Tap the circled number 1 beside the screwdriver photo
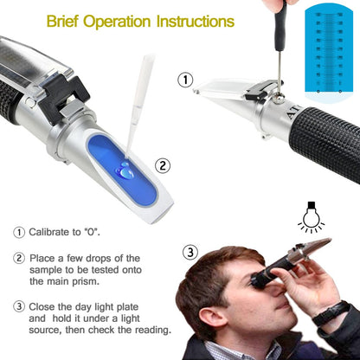point(184,80)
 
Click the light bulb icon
point(311,215)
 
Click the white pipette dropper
point(138,95)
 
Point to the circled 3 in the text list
point(19,305)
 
